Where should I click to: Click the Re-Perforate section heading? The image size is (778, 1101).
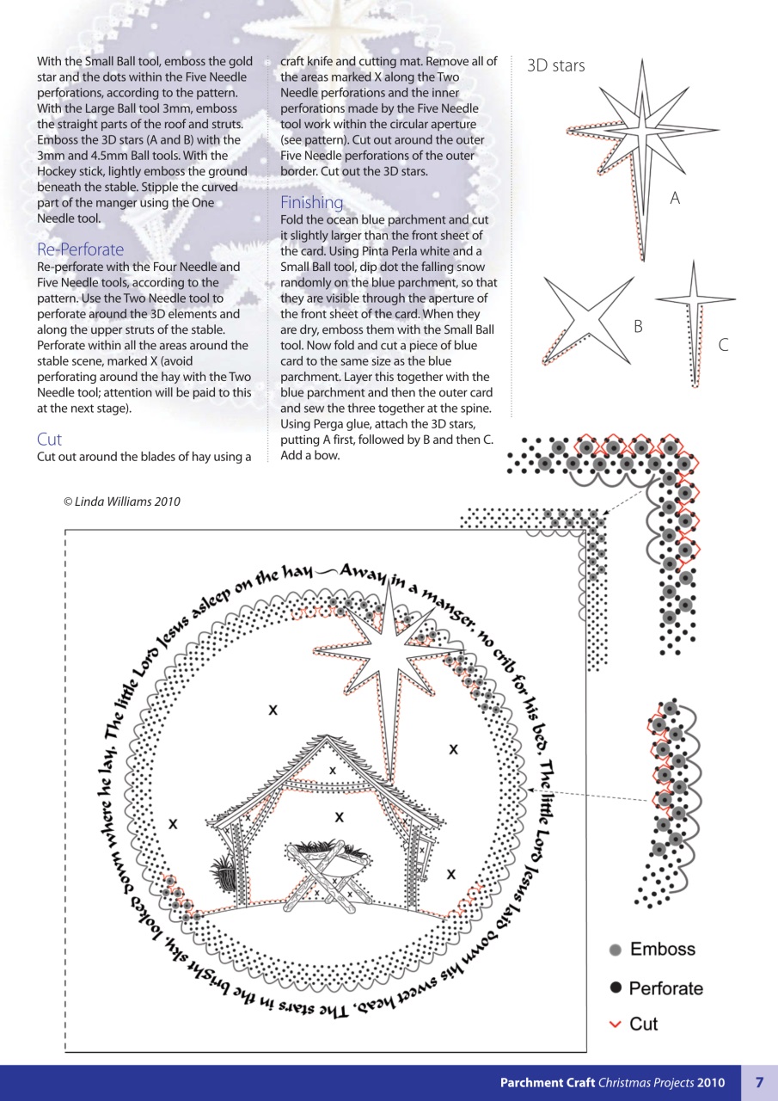pyautogui.click(x=80, y=249)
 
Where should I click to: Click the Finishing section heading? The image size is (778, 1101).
pyautogui.click(x=311, y=202)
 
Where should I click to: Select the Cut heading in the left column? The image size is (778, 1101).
pyautogui.click(x=49, y=439)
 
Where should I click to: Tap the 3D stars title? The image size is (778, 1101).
pyautogui.click(x=555, y=65)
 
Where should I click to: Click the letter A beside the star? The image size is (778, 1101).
pyautogui.click(x=675, y=199)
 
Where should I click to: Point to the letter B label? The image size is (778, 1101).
pyautogui.click(x=638, y=327)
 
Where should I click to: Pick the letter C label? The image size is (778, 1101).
pyautogui.click(x=723, y=345)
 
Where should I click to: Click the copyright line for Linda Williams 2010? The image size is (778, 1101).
pyautogui.click(x=121, y=502)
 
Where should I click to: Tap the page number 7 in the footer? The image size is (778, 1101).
pyautogui.click(x=759, y=1082)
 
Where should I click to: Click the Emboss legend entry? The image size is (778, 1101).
pyautogui.click(x=662, y=950)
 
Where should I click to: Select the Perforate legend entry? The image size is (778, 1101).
pyautogui.click(x=665, y=988)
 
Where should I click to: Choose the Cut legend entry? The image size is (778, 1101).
pyautogui.click(x=643, y=1024)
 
